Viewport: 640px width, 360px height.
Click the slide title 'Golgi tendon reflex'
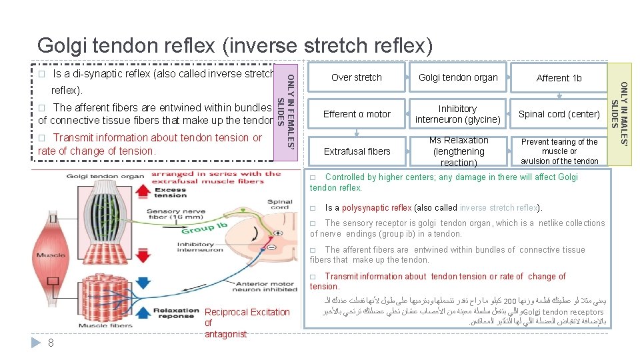point(235,45)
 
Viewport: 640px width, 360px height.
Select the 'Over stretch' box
point(357,77)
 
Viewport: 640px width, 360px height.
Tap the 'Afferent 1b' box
point(559,78)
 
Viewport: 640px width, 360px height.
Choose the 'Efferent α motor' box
point(357,114)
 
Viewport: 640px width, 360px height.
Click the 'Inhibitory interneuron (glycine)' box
point(457,114)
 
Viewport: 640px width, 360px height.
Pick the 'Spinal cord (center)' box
point(559,114)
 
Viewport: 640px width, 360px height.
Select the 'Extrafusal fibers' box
point(357,151)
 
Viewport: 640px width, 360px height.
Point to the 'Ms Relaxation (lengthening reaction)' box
point(458,151)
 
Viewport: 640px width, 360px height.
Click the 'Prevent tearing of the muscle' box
point(559,151)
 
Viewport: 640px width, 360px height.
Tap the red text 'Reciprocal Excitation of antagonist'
point(247,323)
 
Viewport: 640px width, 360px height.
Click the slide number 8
point(51,343)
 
